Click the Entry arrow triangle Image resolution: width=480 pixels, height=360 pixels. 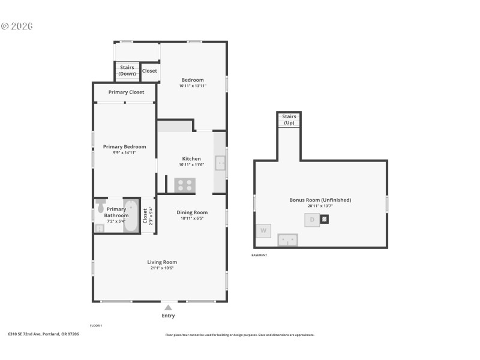tap(168, 307)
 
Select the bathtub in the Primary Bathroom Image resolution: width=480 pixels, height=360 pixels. tap(131, 216)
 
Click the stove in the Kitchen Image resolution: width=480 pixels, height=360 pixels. tap(185, 185)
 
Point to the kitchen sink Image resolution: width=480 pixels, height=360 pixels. tap(220, 162)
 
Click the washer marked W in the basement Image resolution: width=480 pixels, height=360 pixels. tap(263, 230)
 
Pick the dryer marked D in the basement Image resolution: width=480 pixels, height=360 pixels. tap(312, 220)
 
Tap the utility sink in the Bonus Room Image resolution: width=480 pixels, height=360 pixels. tap(287, 240)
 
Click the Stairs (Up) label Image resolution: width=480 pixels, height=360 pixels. tap(289, 119)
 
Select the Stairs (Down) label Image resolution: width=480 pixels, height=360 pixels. tap(127, 71)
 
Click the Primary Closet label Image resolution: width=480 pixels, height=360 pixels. tap(126, 92)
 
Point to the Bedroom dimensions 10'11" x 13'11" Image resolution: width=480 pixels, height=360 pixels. tap(193, 86)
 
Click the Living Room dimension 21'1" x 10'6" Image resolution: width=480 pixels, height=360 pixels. tap(162, 268)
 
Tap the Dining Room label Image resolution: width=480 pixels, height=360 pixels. tap(193, 212)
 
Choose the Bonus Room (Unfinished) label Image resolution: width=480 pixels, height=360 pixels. tap(320, 200)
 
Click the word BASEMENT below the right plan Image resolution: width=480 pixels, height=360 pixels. tap(259, 256)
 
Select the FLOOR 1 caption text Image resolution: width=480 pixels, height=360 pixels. tap(96, 325)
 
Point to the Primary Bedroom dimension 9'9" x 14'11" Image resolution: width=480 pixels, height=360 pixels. tap(124, 153)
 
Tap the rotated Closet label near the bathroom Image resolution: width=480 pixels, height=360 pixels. tap(145, 215)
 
